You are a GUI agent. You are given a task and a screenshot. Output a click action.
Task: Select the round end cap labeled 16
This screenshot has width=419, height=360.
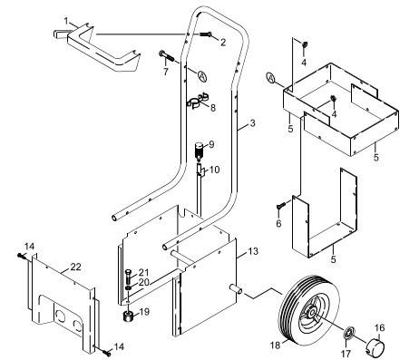click(373, 346)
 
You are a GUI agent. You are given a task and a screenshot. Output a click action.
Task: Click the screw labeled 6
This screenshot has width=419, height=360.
click(279, 207)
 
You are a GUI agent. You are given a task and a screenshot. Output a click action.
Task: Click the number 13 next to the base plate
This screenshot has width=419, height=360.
click(252, 250)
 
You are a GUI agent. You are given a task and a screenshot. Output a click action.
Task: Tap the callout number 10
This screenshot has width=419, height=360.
click(214, 170)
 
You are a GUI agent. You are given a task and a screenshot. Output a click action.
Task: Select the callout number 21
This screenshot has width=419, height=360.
click(143, 272)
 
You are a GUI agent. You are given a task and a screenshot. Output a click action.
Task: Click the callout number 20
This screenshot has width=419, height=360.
click(143, 282)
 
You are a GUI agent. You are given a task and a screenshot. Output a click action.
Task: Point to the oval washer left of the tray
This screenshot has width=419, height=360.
click(271, 75)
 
